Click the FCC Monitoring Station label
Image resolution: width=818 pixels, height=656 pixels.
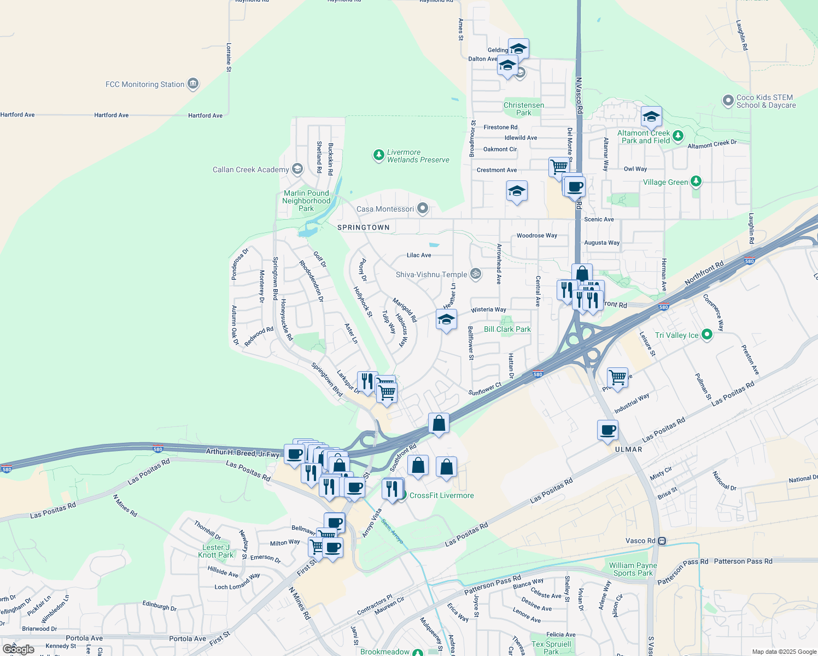click(x=145, y=84)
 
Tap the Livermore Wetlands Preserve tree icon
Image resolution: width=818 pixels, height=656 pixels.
click(x=378, y=155)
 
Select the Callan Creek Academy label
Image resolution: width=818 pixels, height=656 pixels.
click(x=250, y=169)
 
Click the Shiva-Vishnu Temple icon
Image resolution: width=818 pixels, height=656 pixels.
click(x=476, y=274)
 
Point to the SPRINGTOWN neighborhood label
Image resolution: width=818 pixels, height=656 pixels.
click(x=364, y=227)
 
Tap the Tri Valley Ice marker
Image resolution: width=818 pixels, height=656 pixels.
click(x=706, y=335)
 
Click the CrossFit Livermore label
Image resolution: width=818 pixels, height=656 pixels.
click(x=441, y=495)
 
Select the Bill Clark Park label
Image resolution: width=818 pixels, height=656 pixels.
click(x=507, y=329)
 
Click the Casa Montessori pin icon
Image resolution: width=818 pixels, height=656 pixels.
click(x=422, y=208)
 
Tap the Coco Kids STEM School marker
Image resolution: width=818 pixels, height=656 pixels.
click(x=728, y=101)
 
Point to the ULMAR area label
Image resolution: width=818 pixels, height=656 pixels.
click(x=628, y=449)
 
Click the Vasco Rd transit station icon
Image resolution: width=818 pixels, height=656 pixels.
click(x=662, y=541)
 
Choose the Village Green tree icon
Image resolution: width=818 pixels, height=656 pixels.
click(x=696, y=181)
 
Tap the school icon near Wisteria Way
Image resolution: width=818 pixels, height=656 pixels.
click(x=446, y=319)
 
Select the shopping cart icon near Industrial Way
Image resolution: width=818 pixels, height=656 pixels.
click(x=617, y=377)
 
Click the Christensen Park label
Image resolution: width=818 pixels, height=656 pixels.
click(x=523, y=109)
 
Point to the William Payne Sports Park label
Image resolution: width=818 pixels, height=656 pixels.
click(x=633, y=569)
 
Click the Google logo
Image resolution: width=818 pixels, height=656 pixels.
click(x=19, y=649)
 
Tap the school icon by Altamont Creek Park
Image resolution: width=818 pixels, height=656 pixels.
click(x=651, y=116)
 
